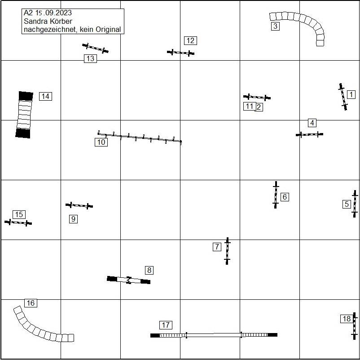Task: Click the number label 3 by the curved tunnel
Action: (x=275, y=26)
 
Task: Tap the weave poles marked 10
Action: (x=140, y=138)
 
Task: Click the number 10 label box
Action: (x=101, y=142)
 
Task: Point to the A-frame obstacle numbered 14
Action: (x=24, y=115)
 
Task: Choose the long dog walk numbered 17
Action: (x=214, y=335)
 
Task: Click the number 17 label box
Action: (x=166, y=325)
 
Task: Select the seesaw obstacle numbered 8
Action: (x=129, y=280)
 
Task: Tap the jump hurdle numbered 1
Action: (x=343, y=97)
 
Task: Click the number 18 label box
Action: (x=347, y=319)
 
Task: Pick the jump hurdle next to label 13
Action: (x=95, y=48)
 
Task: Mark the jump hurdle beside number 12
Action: (x=180, y=53)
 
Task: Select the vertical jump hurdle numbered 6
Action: (x=276, y=195)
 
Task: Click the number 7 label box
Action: (x=217, y=247)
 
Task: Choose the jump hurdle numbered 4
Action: (x=309, y=134)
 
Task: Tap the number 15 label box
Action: (x=18, y=214)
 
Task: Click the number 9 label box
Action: (x=73, y=219)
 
